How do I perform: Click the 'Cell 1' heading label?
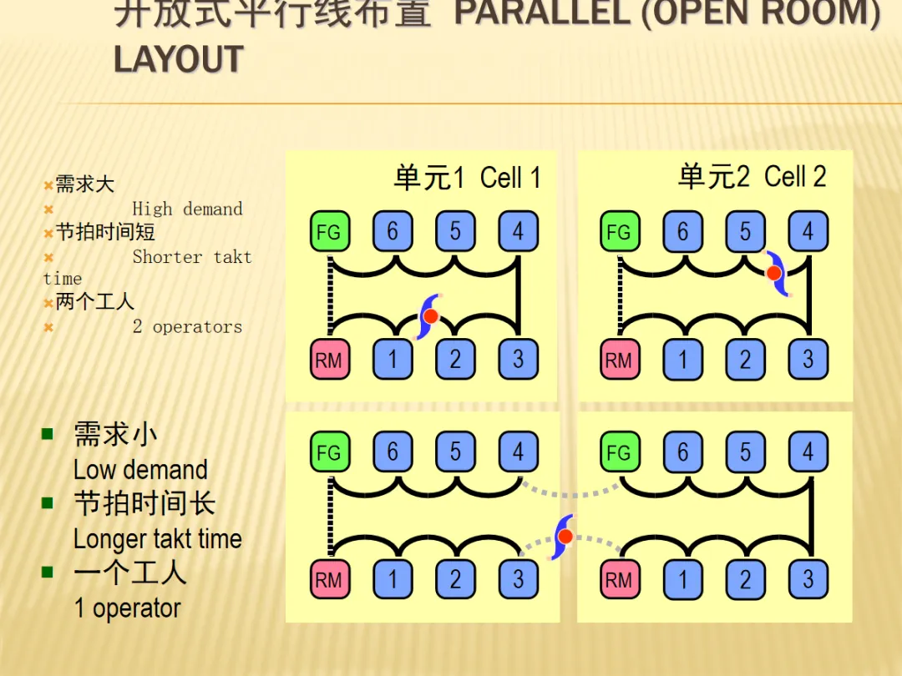click(510, 178)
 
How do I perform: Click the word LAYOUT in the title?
click(178, 60)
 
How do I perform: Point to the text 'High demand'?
click(187, 209)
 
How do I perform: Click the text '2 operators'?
click(187, 326)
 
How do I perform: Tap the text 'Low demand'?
click(140, 470)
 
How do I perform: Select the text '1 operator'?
click(127, 608)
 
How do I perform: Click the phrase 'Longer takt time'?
click(157, 539)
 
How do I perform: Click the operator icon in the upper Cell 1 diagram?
click(430, 316)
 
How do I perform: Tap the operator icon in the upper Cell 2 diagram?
click(775, 273)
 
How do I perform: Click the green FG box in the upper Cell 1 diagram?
click(329, 232)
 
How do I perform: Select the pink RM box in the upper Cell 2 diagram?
click(619, 361)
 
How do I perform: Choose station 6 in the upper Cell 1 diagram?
click(393, 231)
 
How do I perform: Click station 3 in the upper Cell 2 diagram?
click(808, 360)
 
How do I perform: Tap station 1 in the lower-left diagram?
click(393, 579)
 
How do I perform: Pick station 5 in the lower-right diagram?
click(745, 452)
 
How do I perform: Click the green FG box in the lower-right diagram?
click(619, 452)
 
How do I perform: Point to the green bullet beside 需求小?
click(48, 434)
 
